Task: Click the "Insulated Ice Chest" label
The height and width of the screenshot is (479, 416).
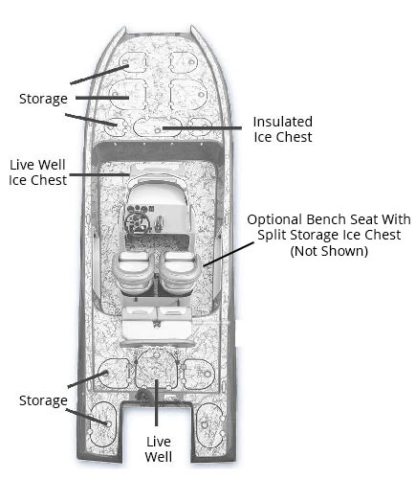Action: click(283, 129)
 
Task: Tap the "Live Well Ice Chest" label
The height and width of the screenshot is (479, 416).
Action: click(37, 172)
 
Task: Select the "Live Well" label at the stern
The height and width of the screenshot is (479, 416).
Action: click(159, 449)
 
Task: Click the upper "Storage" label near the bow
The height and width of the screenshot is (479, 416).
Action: click(43, 99)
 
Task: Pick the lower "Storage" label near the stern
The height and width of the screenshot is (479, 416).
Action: click(43, 400)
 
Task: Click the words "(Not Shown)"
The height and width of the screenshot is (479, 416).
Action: click(329, 251)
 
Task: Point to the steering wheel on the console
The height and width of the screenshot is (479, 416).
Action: click(137, 222)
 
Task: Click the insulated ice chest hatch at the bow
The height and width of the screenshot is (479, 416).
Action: click(157, 126)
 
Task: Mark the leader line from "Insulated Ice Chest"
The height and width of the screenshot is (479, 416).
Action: click(202, 128)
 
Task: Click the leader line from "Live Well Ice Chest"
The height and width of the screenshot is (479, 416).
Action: click(99, 174)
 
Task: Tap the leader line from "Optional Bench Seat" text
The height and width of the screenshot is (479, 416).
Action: click(229, 254)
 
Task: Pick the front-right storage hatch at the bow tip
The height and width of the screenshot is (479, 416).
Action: click(183, 62)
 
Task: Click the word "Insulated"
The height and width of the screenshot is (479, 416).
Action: click(283, 122)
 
